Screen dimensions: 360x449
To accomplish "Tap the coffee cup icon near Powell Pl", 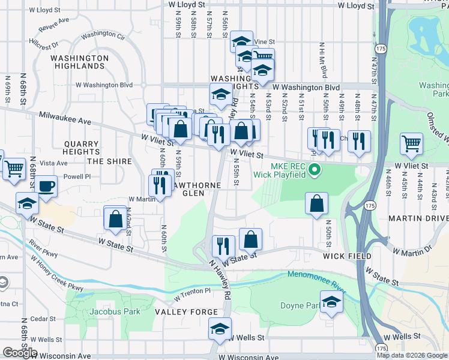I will (46, 185).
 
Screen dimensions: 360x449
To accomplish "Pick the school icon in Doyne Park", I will (331, 303).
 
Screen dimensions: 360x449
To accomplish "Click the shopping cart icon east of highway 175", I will (411, 144).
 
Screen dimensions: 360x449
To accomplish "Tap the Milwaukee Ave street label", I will (65, 118).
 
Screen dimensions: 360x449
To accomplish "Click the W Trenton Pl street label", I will (193, 294).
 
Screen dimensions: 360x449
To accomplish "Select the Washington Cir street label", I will (103, 36).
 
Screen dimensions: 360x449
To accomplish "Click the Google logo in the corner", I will (20, 353).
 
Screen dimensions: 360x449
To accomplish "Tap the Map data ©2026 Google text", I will (412, 355).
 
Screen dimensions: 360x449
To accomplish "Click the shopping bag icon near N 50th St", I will (316, 204).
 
